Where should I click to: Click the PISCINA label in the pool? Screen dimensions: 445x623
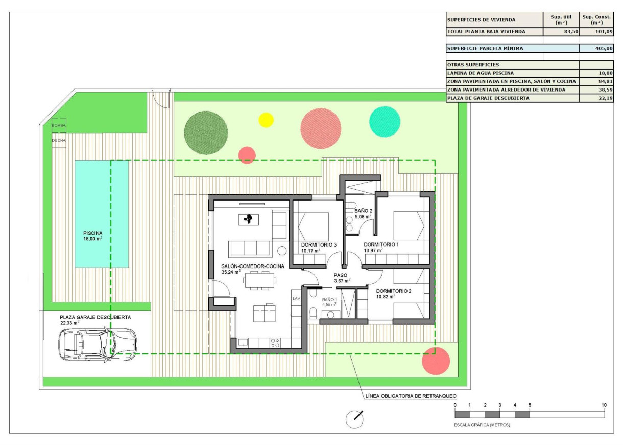click(93, 233)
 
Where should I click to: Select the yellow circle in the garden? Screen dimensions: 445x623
click(266, 120)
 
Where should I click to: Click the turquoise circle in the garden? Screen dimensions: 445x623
click(385, 122)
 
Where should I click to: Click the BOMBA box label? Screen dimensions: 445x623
click(58, 125)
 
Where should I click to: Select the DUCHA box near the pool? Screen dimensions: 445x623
click(58, 140)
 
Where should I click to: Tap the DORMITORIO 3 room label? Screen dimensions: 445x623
click(319, 245)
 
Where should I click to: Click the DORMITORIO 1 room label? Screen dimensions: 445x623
click(381, 245)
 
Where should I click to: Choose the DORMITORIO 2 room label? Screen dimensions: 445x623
click(393, 291)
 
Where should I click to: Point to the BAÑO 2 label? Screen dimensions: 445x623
click(364, 211)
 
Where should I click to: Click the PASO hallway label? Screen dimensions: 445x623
click(341, 275)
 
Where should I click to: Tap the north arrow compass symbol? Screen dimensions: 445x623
click(354, 419)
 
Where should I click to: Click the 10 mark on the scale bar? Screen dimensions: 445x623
click(604, 405)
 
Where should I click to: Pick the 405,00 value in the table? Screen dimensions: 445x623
click(605, 49)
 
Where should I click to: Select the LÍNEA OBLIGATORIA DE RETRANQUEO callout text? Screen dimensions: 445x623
click(410, 396)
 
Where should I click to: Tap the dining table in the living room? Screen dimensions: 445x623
click(259, 280)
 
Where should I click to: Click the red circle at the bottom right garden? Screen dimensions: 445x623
click(436, 361)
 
